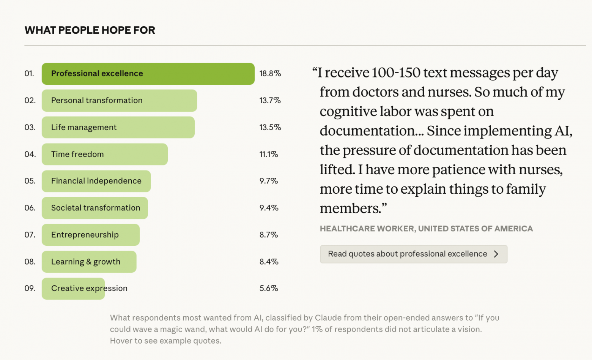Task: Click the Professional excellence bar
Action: coord(148,74)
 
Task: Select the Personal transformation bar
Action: coord(119,101)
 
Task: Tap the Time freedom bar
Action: coord(104,154)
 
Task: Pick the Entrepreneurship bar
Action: coord(90,235)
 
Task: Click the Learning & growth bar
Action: coord(89,262)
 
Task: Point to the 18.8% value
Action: coord(270,74)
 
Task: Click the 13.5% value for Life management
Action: coord(270,128)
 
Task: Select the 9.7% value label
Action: coord(269,181)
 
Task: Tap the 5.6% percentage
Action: coord(269,289)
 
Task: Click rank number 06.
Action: coord(30,208)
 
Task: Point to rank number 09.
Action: coord(30,289)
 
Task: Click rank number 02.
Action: coord(30,101)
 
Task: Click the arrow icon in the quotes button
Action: coord(496,254)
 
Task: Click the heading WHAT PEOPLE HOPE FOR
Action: coord(90,30)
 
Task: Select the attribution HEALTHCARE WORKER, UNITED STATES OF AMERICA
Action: coord(426,229)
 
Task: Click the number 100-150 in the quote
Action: coord(395,73)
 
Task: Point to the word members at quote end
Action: coord(350,208)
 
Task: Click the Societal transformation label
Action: coord(96,208)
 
